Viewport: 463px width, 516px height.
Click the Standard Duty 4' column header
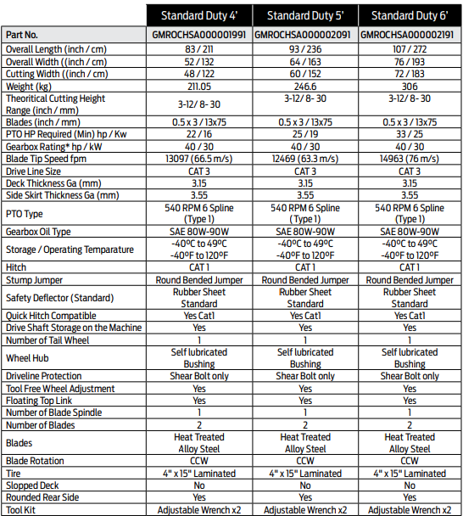tap(199, 15)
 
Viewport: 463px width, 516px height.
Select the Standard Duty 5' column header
tap(304, 15)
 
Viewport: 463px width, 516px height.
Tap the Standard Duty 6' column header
tap(410, 15)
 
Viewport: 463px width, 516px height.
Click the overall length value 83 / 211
tap(199, 49)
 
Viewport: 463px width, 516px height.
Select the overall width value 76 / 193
tap(410, 61)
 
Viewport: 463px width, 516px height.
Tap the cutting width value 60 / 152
tap(304, 73)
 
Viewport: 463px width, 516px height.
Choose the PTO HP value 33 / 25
tap(410, 135)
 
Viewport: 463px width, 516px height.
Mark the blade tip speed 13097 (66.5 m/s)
tap(199, 159)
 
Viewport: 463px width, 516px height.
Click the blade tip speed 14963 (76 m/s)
tap(410, 159)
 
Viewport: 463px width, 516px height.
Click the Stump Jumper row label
tap(35, 279)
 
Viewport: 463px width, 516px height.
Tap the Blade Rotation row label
tap(37, 461)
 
